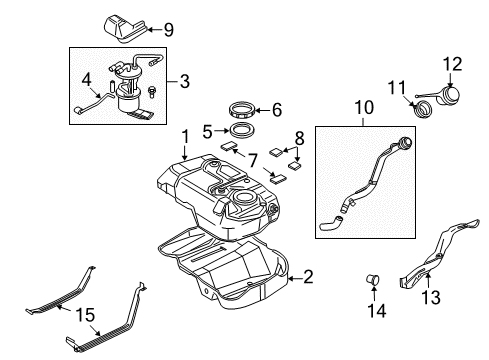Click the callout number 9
169,30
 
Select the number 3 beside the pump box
185,81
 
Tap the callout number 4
86,80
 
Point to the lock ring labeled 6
243,110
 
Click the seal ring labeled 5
242,130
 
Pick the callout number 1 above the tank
185,137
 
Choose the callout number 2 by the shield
308,277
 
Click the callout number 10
364,107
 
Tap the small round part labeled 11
423,110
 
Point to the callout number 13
431,297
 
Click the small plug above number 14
373,279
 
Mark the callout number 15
85,315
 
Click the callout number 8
300,138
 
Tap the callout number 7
253,161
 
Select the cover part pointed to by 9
125,29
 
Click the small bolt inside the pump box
152,91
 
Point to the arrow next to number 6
263,110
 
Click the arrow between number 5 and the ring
221,131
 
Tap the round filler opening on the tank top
245,198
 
